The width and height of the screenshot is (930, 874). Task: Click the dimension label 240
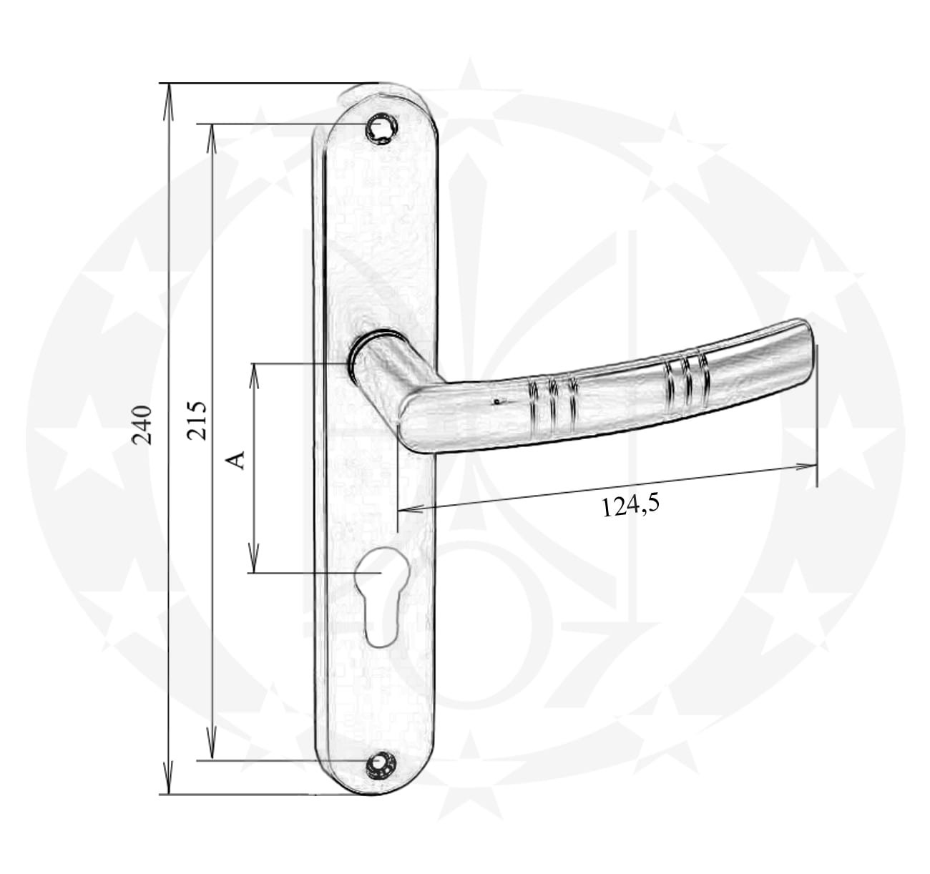[x=142, y=425]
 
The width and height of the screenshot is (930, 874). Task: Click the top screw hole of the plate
[x=381, y=127]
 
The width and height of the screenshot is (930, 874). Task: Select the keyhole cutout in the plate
[x=383, y=596]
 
